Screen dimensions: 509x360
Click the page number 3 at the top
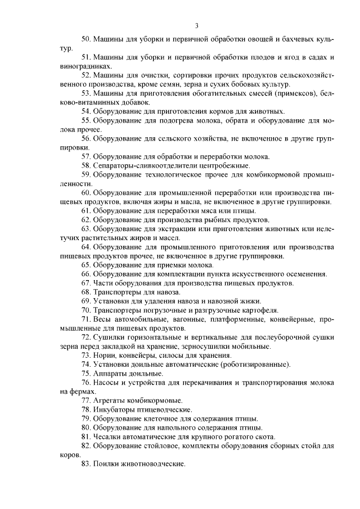pyautogui.click(x=197, y=26)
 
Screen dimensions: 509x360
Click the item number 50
pyautogui.click(x=86, y=40)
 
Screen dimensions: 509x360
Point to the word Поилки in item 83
pyautogui.click(x=106, y=464)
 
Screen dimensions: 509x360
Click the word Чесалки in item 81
pyautogui.click(x=107, y=436)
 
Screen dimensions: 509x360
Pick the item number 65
pyautogui.click(x=86, y=264)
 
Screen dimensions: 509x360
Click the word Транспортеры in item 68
pyautogui.click(x=119, y=292)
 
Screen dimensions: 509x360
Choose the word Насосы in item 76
pyautogui.click(x=107, y=382)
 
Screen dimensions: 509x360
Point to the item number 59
pyautogui.click(x=86, y=174)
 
